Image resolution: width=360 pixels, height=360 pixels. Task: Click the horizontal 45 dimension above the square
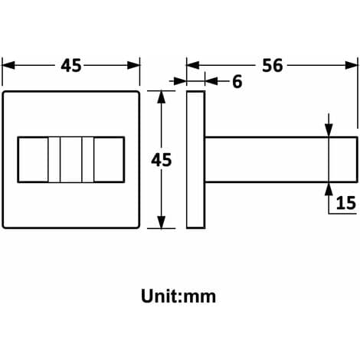71,65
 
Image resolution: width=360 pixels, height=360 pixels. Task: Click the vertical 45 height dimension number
162,160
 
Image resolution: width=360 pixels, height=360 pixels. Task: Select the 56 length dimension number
273,65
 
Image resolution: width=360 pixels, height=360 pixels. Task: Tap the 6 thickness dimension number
237,82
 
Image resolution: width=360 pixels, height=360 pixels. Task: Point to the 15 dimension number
345,203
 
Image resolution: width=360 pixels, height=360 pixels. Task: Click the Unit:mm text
178,296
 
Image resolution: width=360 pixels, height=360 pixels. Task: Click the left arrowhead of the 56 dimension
193,65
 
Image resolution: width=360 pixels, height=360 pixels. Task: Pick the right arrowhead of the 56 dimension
352,65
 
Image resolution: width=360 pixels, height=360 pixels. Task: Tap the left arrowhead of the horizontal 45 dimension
8,65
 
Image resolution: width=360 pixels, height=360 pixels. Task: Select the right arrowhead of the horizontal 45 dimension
133,65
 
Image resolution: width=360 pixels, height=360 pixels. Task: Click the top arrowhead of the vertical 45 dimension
162,97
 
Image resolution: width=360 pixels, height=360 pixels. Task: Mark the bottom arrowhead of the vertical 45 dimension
162,222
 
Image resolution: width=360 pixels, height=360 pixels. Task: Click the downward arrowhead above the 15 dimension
329,130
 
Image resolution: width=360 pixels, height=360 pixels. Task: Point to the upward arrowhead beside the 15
329,189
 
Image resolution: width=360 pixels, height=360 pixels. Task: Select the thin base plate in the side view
196,159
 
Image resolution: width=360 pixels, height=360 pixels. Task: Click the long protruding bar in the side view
281,160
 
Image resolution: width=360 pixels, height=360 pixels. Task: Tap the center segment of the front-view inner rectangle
71,160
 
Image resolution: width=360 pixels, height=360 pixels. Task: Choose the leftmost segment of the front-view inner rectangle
33,160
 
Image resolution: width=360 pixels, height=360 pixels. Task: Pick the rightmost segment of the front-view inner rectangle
109,160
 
